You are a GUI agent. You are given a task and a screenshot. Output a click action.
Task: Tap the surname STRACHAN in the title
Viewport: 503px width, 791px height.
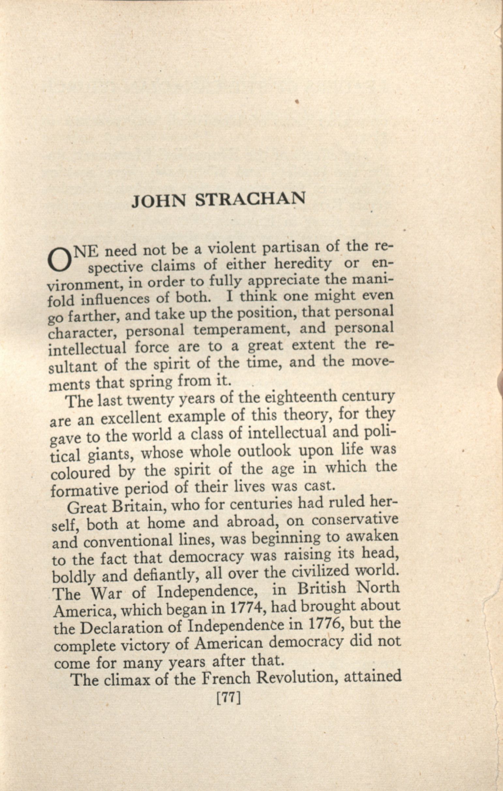pos(250,199)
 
